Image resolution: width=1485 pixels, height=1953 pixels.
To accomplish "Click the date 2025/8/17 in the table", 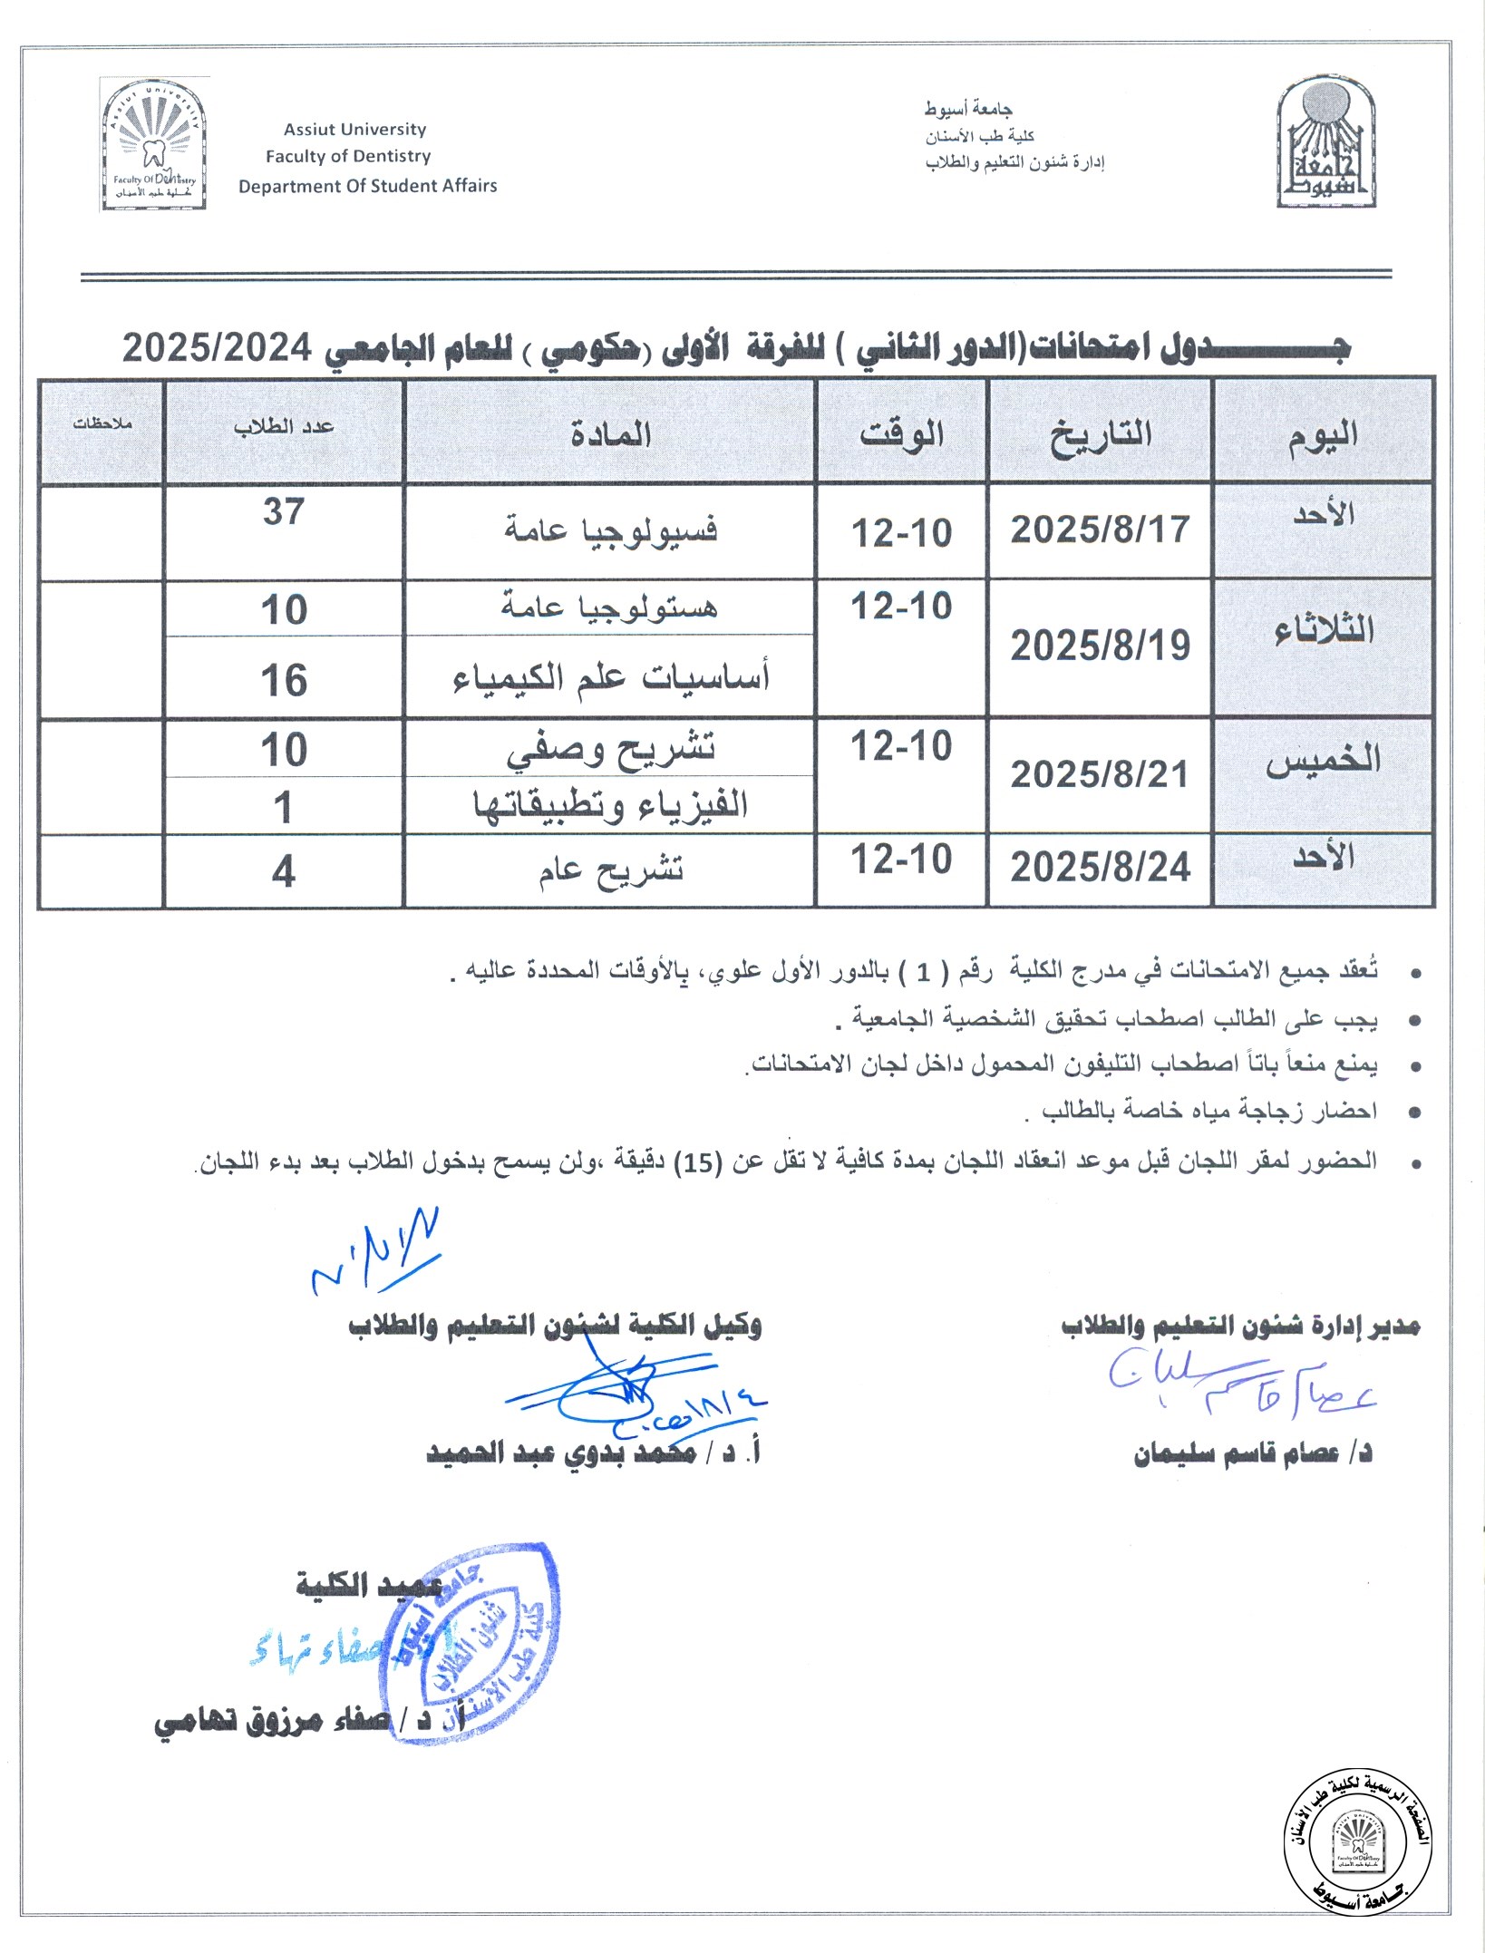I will (x=1100, y=530).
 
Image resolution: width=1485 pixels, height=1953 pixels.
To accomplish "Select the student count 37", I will (x=284, y=512).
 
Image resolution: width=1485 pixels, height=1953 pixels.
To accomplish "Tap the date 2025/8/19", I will (x=1100, y=646).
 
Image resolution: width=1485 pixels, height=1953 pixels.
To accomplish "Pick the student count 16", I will (x=284, y=681).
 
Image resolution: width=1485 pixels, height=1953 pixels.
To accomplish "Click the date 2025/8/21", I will (x=1100, y=775).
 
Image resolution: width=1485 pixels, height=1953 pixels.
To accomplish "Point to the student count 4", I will (x=284, y=872).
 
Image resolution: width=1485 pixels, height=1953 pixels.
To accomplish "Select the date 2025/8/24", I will (x=1100, y=868).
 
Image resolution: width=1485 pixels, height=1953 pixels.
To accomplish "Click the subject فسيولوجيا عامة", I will (x=610, y=530).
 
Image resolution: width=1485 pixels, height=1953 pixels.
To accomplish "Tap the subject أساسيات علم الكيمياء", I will (x=610, y=677).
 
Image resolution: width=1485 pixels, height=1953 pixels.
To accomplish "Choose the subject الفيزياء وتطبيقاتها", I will (x=610, y=805).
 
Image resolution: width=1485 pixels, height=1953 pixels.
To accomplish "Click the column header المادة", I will (x=610, y=434).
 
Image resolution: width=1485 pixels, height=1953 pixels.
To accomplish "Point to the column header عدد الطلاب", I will (x=284, y=427).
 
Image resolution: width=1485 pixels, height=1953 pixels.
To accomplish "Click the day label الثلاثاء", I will (x=1324, y=630).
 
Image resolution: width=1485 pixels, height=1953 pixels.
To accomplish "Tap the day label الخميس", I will (x=1324, y=762).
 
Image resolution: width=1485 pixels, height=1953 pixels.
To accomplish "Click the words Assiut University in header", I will (x=354, y=130).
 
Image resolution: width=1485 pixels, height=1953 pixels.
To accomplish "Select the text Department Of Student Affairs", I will (x=367, y=186).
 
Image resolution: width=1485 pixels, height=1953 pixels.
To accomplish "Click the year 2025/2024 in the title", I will (x=217, y=347).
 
